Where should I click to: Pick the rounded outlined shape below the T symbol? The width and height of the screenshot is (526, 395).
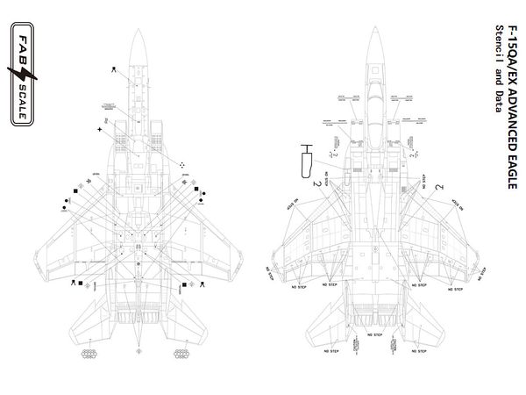pos(307,162)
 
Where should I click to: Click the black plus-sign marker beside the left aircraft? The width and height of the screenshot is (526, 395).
pos(100,131)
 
